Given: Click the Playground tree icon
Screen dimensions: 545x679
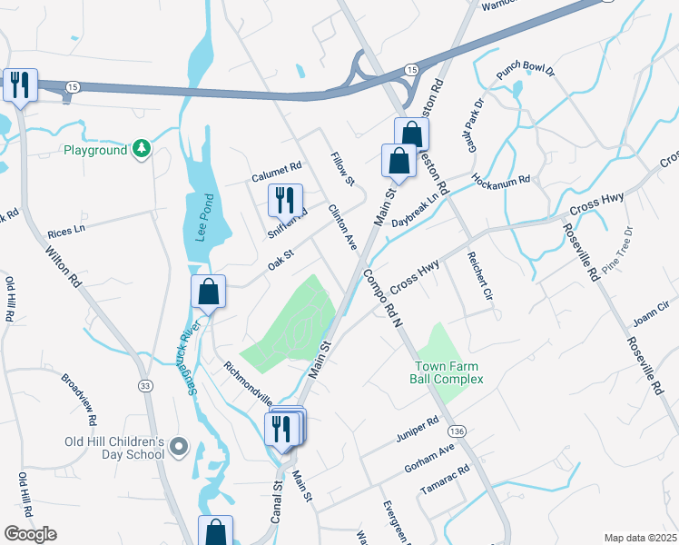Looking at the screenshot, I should click(141, 149).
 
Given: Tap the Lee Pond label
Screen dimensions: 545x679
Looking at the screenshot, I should click(204, 217).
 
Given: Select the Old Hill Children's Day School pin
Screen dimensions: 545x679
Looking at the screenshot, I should click(178, 446).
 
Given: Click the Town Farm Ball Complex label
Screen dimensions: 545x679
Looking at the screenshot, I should click(444, 372).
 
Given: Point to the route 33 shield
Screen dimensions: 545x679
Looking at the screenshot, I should click(144, 386).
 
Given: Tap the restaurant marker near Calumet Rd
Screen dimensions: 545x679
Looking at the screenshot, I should click(285, 199).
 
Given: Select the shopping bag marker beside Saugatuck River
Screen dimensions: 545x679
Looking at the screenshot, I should click(208, 292).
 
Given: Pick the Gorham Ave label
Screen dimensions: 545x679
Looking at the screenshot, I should click(428, 457).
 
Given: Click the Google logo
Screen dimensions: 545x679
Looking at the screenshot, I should click(30, 534).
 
